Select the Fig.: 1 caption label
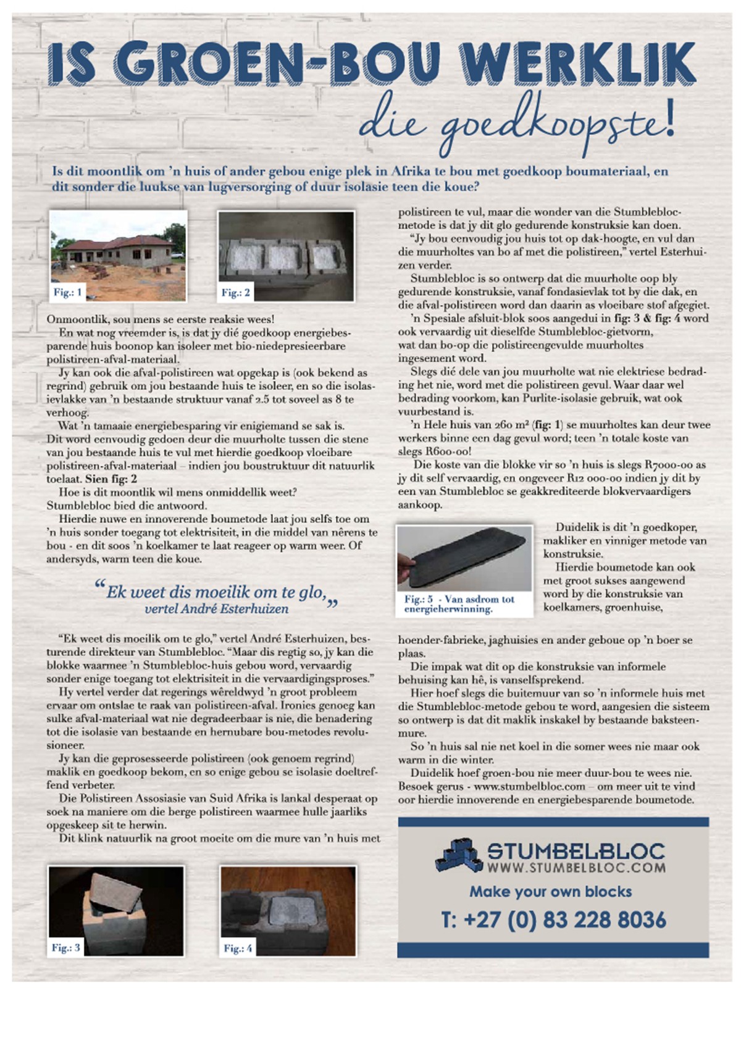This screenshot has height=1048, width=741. pos(67,292)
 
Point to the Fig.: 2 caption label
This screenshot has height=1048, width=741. pos(236,293)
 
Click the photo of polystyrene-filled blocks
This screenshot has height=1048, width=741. pos(287,254)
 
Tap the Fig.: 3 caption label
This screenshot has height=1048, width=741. pos(65,947)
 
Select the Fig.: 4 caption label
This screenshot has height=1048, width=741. pos(238,948)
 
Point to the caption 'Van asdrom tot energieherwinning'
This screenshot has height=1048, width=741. pos(459,604)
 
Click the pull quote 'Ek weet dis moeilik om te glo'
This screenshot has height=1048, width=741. pos(216,592)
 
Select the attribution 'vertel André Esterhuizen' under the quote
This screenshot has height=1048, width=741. pos(216,609)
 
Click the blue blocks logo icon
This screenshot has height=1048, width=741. pos(458,857)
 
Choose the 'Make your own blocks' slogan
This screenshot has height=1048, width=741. pos(550,891)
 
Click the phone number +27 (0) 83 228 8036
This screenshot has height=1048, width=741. pos(553,920)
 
